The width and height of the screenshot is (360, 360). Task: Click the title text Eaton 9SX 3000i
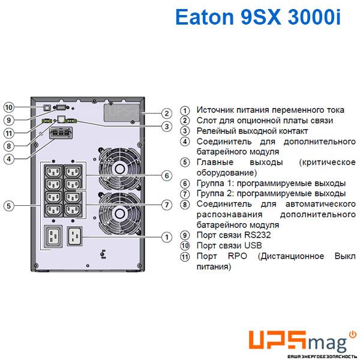[x=257, y=17]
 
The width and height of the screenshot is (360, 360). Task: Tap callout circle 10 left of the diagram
[x=9, y=107]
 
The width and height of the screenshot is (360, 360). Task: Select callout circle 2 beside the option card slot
[x=167, y=113]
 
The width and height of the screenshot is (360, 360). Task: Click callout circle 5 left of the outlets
[x=9, y=205]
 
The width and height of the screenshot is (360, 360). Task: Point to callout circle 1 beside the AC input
[x=167, y=237]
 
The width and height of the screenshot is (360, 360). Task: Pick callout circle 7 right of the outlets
[x=167, y=205]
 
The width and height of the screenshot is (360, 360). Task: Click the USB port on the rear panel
[x=47, y=107]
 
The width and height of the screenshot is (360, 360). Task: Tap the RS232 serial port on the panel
[x=61, y=107]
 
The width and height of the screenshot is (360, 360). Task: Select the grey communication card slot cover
[x=122, y=113]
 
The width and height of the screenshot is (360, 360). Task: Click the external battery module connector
[x=61, y=133]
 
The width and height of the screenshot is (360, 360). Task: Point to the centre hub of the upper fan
[x=119, y=169]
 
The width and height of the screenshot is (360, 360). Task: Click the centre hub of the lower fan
[x=119, y=214]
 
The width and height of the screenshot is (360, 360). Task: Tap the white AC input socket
[x=74, y=236]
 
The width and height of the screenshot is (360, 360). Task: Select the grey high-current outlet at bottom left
[x=53, y=237]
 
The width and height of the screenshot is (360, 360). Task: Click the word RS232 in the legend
[x=257, y=235]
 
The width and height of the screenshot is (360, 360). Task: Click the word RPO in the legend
[x=238, y=256]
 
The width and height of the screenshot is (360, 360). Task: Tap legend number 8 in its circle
[x=185, y=205]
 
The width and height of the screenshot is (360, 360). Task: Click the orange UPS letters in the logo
[x=277, y=340]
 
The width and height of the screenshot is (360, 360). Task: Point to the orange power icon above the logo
[x=353, y=335]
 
